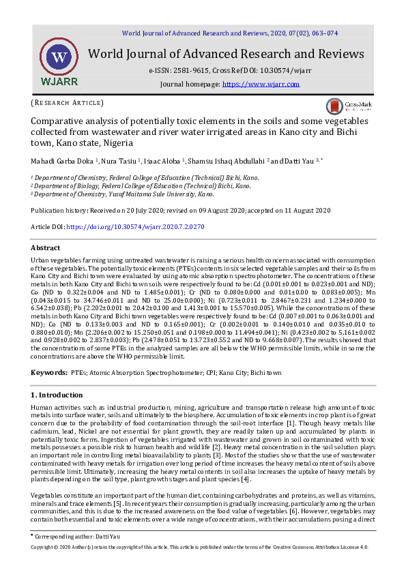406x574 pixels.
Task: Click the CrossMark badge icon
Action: click(334, 106)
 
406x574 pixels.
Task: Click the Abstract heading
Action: click(46, 247)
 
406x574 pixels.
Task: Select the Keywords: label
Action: click(49, 373)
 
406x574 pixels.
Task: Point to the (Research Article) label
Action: click(67, 102)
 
